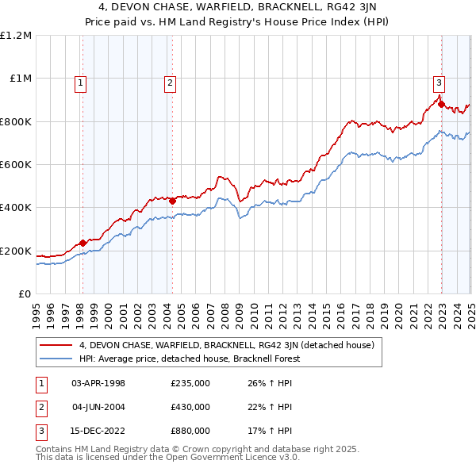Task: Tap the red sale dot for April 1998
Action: [83, 243]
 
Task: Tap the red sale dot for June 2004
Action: [171, 201]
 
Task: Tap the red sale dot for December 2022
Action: [440, 104]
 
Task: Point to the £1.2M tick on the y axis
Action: [16, 36]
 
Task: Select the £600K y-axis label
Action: [16, 165]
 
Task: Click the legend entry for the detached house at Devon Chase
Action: [231, 345]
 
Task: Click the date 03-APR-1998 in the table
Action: [98, 383]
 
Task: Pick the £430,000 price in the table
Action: [190, 407]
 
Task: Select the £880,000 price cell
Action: [190, 431]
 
